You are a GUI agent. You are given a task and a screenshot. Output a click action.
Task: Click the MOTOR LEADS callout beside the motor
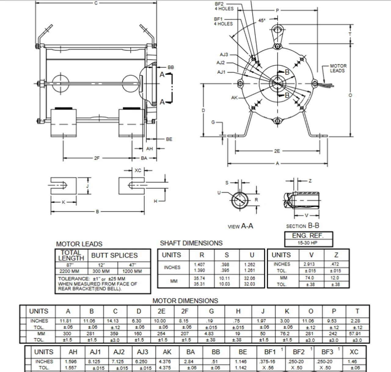tap(338, 68)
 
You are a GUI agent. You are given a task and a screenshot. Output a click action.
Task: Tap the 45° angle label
tap(262, 20)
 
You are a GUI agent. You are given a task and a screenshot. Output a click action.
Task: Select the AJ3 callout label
tap(224, 54)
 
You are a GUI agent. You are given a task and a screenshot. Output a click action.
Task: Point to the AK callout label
tap(234, 98)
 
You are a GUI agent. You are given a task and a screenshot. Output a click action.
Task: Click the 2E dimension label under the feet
tap(277, 151)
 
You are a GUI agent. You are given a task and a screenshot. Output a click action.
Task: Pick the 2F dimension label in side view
tap(97, 158)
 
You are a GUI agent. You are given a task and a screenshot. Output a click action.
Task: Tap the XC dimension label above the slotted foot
tap(138, 170)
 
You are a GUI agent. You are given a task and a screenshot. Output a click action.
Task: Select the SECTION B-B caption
tap(302, 226)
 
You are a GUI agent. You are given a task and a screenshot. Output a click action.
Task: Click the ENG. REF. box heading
tap(308, 236)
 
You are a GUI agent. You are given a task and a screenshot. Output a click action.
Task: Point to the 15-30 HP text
tap(308, 243)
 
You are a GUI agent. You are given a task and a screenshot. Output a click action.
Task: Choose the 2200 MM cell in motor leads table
tap(69, 271)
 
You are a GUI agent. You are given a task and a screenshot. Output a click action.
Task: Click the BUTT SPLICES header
tap(115, 255)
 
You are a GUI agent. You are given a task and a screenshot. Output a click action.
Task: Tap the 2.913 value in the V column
tap(309, 264)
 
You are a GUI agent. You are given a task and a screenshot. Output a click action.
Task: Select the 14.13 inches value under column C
tap(115, 321)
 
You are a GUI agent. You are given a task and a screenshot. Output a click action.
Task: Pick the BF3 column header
tap(327, 352)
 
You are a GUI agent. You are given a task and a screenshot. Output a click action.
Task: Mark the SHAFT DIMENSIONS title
tap(191, 243)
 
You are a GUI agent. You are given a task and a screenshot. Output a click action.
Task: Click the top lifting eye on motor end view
tap(277, 30)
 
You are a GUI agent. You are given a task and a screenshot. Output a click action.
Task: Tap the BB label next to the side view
tap(171, 67)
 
